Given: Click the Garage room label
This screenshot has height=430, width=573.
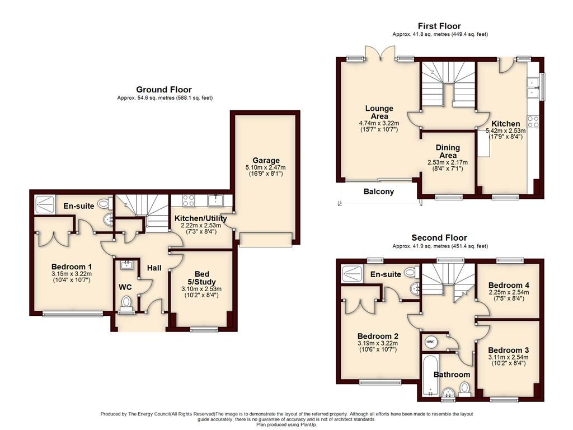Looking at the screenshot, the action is (266, 160).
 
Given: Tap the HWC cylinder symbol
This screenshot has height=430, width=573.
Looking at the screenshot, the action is (430, 342).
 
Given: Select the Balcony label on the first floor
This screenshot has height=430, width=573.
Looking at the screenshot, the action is (379, 191).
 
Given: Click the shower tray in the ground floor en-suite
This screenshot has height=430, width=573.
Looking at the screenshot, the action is (45, 204).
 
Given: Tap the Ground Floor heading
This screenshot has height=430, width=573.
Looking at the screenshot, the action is (164, 90).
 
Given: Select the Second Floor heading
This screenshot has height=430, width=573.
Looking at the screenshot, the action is (439, 237).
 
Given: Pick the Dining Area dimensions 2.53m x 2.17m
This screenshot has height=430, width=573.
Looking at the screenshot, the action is (448, 162).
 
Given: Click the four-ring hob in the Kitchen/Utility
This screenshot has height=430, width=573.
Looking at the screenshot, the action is (189, 200).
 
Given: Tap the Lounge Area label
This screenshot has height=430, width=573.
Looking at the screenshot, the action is (379, 112).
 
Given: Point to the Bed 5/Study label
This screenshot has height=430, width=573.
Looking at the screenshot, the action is (201, 278).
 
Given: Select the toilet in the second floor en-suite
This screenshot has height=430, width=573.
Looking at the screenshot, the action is (411, 272).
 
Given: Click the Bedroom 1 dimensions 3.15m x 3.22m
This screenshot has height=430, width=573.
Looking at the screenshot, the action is (72, 274).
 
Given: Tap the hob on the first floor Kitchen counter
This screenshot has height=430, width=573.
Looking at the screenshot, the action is (533, 121).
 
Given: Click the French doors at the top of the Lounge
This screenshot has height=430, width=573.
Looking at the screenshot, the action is (381, 53).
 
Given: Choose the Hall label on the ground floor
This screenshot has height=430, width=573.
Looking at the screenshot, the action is (154, 268).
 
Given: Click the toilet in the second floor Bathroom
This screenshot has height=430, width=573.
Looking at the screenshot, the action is (464, 389).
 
